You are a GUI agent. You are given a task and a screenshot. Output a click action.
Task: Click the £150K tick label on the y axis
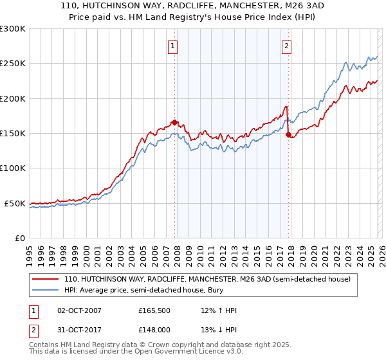click(x=12, y=133)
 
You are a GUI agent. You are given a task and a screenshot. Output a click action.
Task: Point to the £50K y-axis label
click(x=15, y=203)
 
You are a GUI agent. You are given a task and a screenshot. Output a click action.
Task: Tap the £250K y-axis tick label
click(x=12, y=64)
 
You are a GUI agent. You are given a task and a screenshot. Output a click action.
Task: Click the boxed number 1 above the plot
click(x=174, y=46)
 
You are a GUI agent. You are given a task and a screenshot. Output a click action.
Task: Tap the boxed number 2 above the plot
click(x=286, y=46)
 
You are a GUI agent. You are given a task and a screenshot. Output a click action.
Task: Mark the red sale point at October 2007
click(x=174, y=122)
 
